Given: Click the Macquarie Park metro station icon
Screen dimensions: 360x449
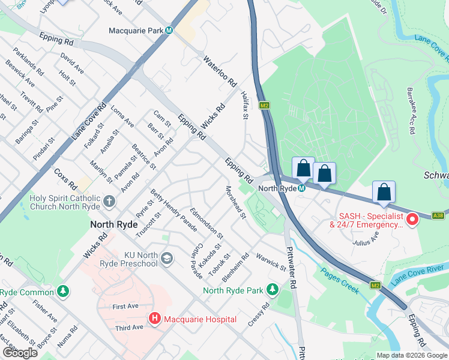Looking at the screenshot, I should (170, 31).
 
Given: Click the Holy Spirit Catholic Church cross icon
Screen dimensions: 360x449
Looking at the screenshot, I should (109, 201).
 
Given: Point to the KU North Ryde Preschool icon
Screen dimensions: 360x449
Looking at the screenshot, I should (166, 259).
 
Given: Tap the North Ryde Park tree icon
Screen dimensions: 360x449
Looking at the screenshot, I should (272, 290).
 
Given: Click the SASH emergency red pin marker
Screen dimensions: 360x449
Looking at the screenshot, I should (412, 220).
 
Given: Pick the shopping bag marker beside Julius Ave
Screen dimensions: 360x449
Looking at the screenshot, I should (384, 192).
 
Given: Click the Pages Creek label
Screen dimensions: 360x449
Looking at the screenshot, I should (340, 281).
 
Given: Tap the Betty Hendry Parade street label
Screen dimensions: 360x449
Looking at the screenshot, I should (174, 209).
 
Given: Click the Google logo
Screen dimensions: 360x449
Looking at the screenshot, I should (20, 353).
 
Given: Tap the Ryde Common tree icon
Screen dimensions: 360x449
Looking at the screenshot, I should (62, 292).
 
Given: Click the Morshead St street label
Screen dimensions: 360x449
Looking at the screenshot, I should (235, 203).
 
